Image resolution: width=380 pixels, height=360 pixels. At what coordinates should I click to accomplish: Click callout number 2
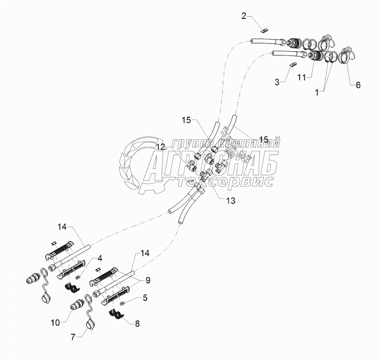(x=244, y=16)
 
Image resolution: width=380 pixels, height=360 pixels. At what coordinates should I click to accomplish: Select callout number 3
(x=277, y=82)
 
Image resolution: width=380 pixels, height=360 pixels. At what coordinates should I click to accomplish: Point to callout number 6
(x=358, y=85)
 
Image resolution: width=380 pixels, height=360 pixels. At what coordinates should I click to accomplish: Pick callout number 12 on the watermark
(x=161, y=147)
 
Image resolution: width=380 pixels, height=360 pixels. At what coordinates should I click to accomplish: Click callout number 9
(x=148, y=280)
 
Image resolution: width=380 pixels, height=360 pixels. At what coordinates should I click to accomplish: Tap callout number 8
(x=137, y=323)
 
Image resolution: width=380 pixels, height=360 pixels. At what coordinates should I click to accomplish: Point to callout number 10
(x=55, y=323)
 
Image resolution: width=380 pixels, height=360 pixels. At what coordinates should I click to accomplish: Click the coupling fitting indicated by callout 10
(x=76, y=306)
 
